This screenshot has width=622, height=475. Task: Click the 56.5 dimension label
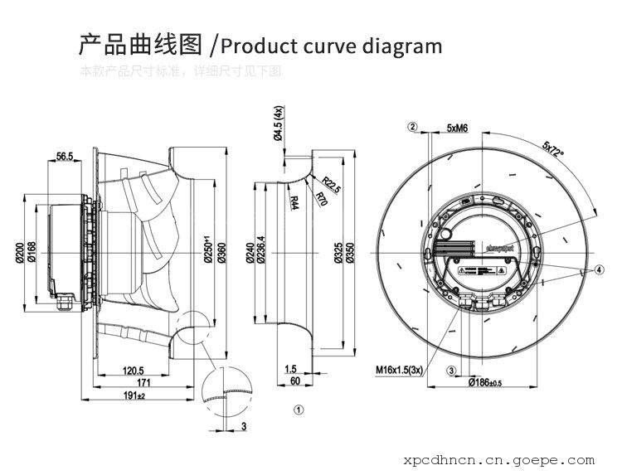pos(65,156)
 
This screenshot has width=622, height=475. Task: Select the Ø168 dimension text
pos(32,252)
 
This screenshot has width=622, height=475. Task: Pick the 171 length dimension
pos(143,383)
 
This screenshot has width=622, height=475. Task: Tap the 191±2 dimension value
pos(134,396)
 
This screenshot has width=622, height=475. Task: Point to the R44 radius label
pos(294,201)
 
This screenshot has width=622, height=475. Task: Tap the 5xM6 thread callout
pos(457,128)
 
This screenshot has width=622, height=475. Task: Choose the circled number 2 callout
pos(412,127)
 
